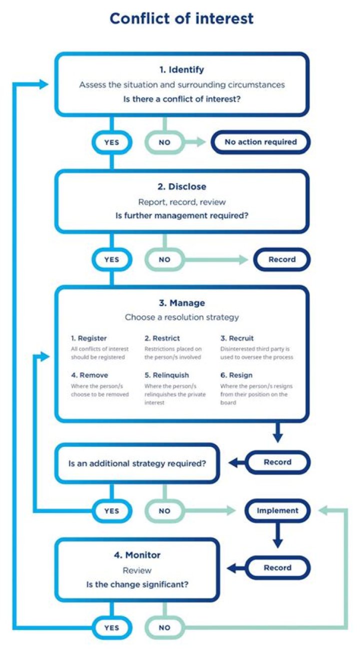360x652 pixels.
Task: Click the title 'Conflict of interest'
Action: point(181,19)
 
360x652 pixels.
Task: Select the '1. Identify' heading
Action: point(181,70)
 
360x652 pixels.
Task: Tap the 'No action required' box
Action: point(260,142)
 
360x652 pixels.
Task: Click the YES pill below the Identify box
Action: point(111,142)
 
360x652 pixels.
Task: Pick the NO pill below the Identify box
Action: point(164,142)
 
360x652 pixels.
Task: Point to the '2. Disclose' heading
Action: point(181,187)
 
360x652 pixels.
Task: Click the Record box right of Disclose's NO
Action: point(282,260)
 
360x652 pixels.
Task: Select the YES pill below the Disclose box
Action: point(111,260)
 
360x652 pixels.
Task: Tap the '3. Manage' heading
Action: point(181,303)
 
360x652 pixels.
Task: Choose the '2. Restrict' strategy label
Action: point(162,338)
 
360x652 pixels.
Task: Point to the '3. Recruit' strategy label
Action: point(237,338)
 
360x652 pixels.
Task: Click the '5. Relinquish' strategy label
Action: point(166,375)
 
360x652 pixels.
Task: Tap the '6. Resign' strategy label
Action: point(236,375)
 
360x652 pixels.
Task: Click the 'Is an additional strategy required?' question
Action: point(137,463)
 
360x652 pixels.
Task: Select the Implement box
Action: point(277,511)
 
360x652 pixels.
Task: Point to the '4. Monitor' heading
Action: point(136,555)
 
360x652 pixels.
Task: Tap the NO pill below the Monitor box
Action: point(164,627)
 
